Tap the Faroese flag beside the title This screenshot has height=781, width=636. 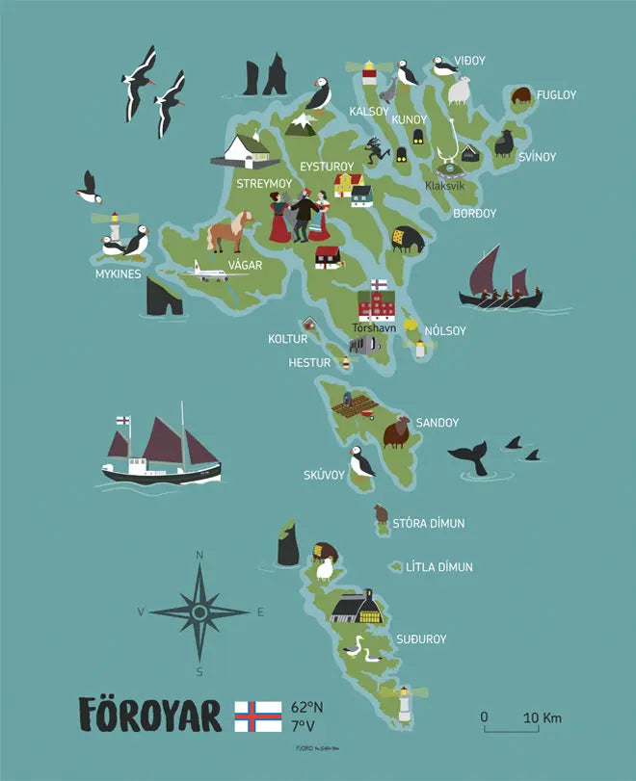[x=258, y=716]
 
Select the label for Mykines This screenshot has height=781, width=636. [x=119, y=274]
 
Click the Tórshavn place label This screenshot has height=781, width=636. [x=374, y=327]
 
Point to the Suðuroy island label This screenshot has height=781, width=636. [x=421, y=639]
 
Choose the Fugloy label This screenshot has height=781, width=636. [x=556, y=95]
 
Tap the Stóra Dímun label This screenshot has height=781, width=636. [x=428, y=524]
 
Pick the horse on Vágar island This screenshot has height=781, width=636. [x=229, y=232]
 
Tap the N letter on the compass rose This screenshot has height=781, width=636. [x=199, y=555]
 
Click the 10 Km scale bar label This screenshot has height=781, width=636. [x=543, y=717]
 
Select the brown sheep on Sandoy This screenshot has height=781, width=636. [x=396, y=432]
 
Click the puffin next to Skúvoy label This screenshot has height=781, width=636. [x=361, y=464]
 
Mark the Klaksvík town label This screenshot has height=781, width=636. [x=444, y=185]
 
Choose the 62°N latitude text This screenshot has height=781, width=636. [x=307, y=708]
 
